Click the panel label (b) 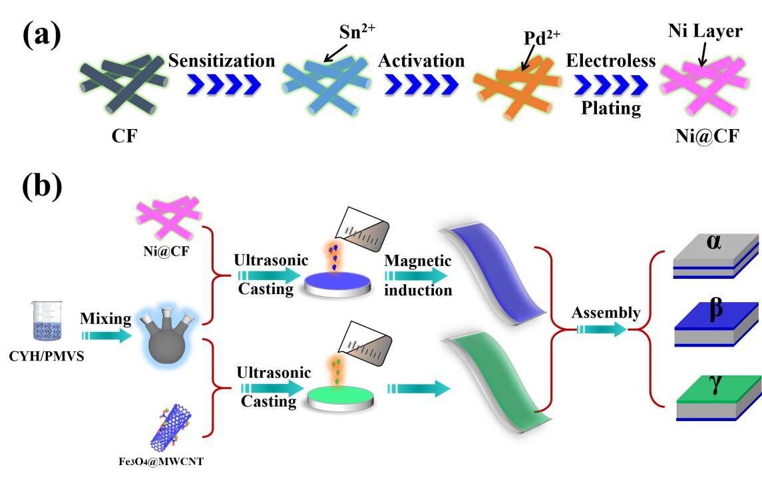tap(41, 187)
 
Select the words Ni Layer tap(704, 31)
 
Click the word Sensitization tap(221, 61)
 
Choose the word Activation tap(421, 61)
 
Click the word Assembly tap(605, 313)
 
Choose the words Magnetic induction tap(418, 275)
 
